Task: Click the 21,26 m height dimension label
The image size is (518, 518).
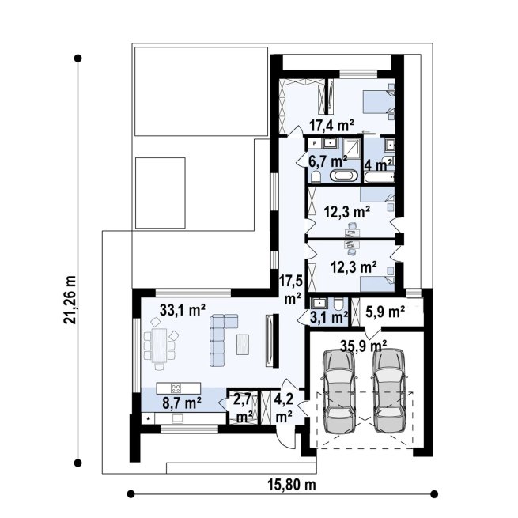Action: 70,299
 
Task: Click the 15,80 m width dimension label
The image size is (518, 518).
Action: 292,485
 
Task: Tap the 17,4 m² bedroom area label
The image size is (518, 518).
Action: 331,125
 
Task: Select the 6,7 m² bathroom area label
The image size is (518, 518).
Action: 327,161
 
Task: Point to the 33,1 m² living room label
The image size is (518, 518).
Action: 183,310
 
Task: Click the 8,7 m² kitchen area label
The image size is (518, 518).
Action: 182,403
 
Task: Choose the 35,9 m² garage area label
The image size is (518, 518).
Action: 364,346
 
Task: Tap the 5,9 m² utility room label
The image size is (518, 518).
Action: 385,312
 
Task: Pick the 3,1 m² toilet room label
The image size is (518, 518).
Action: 329,317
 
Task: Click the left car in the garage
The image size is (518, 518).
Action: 339,391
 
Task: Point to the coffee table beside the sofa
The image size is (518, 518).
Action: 243,345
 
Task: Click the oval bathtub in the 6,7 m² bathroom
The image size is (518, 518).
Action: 344,176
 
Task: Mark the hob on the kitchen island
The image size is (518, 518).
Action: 176,388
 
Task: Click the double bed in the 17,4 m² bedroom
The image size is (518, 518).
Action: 379,102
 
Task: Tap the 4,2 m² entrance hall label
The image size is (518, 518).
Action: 284,408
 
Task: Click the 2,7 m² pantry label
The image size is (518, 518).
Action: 243,407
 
